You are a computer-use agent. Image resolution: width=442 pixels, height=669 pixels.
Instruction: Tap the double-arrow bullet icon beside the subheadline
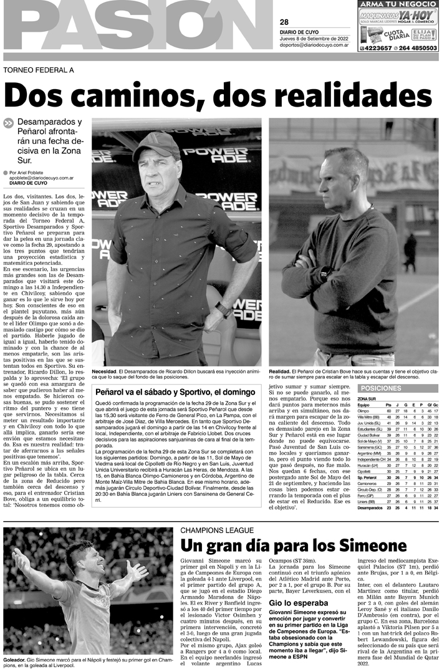[x=8, y=123]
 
